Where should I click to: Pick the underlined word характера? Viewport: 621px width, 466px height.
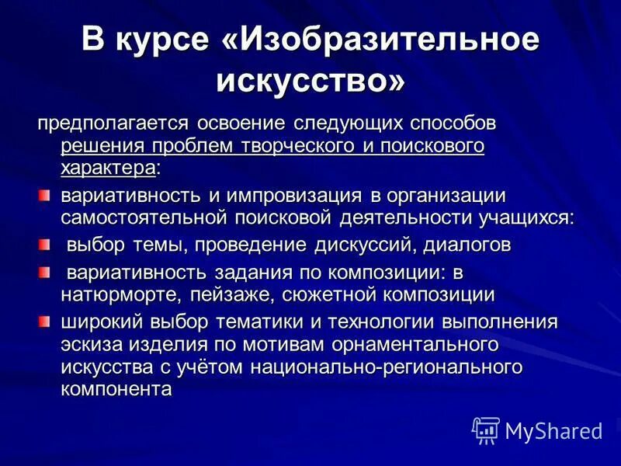pyautogui.click(x=108, y=166)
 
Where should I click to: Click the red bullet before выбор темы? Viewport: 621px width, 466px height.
pyautogui.click(x=44, y=245)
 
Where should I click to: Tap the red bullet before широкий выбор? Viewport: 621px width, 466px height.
pyautogui.click(x=44, y=321)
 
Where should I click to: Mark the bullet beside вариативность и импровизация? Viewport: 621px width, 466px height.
pyautogui.click(x=44, y=194)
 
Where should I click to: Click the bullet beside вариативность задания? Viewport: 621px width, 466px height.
pyautogui.click(x=44, y=272)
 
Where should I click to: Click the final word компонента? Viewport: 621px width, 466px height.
pyautogui.click(x=116, y=388)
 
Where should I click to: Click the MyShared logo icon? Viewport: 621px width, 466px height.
pyautogui.click(x=486, y=430)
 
